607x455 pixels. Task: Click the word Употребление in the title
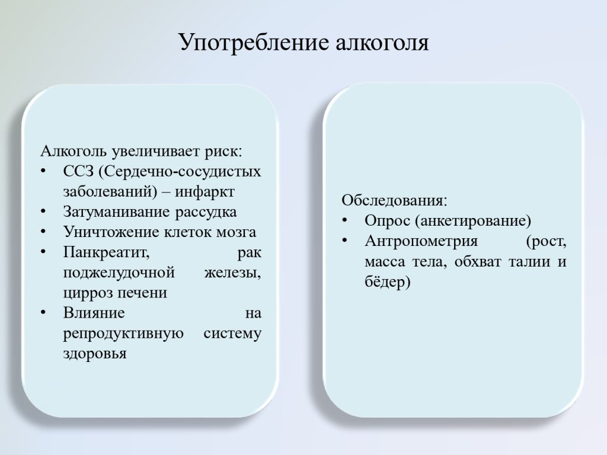254,43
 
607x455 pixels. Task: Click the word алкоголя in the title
382,43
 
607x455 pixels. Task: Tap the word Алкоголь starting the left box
74,151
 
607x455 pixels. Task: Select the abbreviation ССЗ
79,171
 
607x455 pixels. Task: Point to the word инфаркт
205,191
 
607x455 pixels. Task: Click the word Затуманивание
117,212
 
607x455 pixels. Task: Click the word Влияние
94,313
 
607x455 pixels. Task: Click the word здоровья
95,354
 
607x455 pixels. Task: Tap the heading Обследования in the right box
394,200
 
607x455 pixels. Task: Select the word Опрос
387,221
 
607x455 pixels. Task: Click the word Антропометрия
421,242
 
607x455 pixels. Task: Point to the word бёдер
388,281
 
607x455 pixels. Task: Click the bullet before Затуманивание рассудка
43,212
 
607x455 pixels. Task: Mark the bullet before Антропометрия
345,241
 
